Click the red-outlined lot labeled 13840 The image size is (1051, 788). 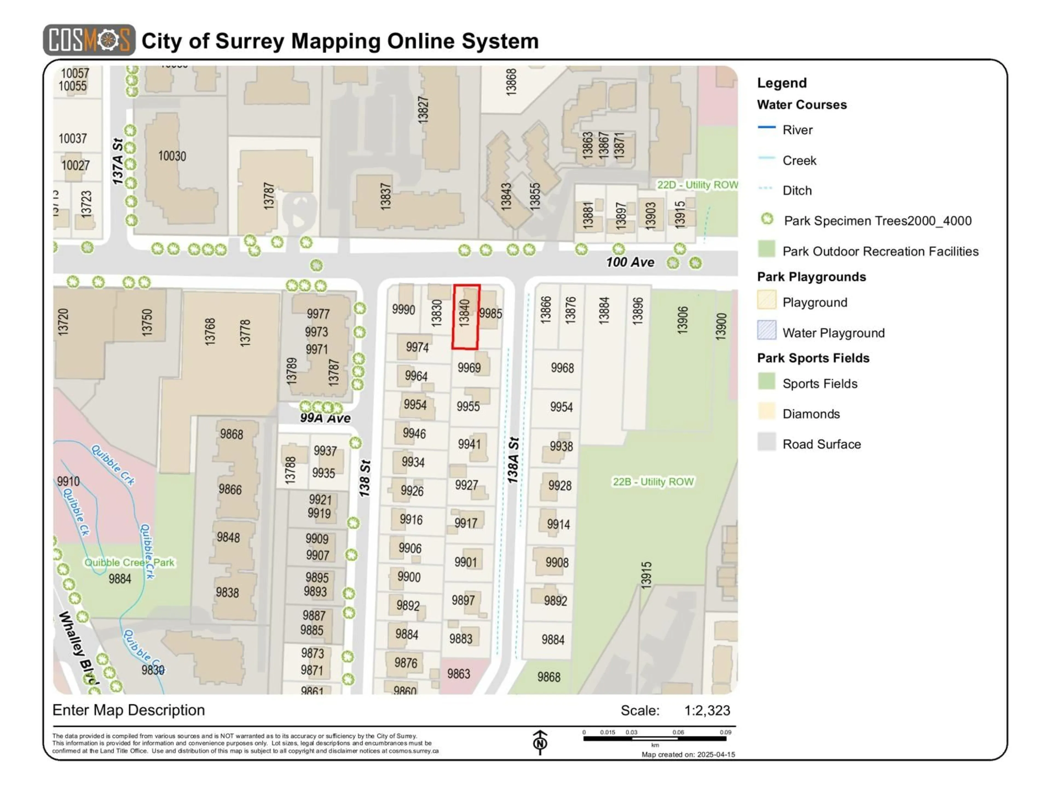coord(466,317)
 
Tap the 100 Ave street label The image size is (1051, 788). coord(630,262)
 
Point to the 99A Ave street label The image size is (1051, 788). coord(325,418)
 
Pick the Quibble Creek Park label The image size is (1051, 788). coord(129,562)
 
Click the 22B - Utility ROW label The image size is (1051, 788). coord(653,482)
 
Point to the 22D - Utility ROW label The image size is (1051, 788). coord(697,185)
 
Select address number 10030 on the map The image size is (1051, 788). coord(172,156)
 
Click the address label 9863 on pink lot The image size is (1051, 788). coord(458,674)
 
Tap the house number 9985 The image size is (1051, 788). coord(490,314)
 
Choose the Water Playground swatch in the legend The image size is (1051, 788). coord(766,331)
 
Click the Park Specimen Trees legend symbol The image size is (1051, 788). coord(767,219)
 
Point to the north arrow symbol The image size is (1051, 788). coord(540,741)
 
